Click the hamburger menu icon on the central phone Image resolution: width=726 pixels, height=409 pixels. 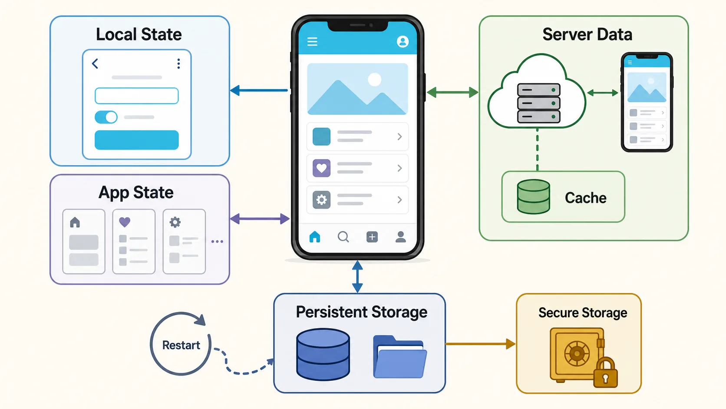coord(313,42)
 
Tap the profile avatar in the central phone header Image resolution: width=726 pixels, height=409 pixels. coord(403,42)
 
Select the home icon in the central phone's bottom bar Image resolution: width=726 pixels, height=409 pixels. coord(315,237)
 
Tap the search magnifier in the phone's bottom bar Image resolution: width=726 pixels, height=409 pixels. coord(343,237)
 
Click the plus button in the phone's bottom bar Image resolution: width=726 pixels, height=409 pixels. coord(372,237)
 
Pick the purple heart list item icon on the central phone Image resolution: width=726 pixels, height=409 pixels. coord(321,168)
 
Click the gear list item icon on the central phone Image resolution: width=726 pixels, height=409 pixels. coord(321,200)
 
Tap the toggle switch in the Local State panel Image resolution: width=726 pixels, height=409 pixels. coord(106,117)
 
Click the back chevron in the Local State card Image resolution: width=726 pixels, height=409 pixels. coord(95,63)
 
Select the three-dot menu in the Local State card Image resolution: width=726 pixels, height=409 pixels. coord(178,63)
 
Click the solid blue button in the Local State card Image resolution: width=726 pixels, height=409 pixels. coord(136,140)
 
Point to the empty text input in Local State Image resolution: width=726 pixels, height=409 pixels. coord(136,96)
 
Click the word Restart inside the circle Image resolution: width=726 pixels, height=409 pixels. coord(181,345)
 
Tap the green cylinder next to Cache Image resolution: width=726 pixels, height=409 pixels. coord(534,197)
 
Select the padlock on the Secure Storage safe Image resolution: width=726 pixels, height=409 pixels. coord(605,372)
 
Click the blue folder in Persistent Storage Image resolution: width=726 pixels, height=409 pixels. coord(400,357)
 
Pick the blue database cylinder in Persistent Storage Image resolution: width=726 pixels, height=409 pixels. coord(323,354)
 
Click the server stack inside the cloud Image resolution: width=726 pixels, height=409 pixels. coord(539,103)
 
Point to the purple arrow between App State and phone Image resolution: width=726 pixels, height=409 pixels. coord(260,219)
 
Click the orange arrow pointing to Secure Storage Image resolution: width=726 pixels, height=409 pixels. coord(480,344)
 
